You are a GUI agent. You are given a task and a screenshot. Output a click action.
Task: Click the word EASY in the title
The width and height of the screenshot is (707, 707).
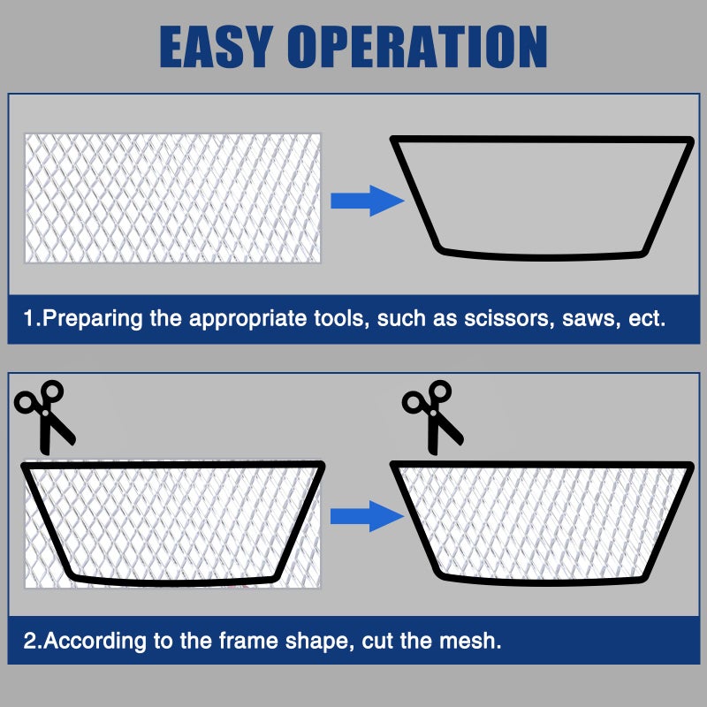click(x=217, y=47)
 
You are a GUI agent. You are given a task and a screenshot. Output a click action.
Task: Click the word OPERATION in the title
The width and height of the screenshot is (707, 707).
click(x=417, y=47)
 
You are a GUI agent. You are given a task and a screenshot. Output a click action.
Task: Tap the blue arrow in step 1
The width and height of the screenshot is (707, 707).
click(x=367, y=201)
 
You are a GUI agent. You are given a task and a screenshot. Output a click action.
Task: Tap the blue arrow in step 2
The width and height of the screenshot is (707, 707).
click(x=367, y=516)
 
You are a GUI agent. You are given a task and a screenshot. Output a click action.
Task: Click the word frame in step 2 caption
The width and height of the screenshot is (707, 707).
click(x=248, y=640)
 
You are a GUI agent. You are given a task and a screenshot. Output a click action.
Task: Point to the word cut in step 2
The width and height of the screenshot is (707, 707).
click(x=377, y=640)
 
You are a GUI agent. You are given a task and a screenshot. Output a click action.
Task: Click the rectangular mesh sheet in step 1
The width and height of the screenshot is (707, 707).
click(x=172, y=198)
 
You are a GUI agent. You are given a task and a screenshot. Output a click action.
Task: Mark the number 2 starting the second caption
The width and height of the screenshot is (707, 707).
click(x=29, y=640)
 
